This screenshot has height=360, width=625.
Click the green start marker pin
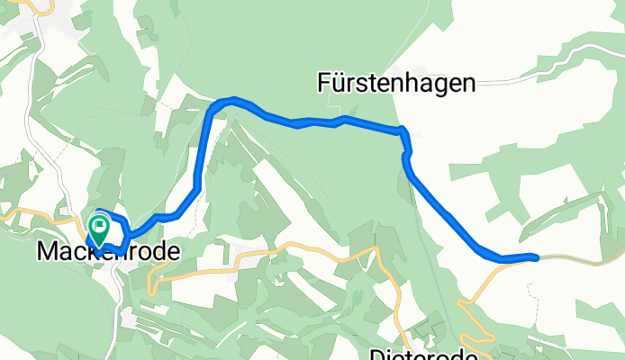100,229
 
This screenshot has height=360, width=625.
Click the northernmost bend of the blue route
233,99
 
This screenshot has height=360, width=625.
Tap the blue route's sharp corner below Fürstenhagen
403,130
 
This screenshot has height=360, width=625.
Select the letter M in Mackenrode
47,253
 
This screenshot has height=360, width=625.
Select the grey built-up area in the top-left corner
63,22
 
